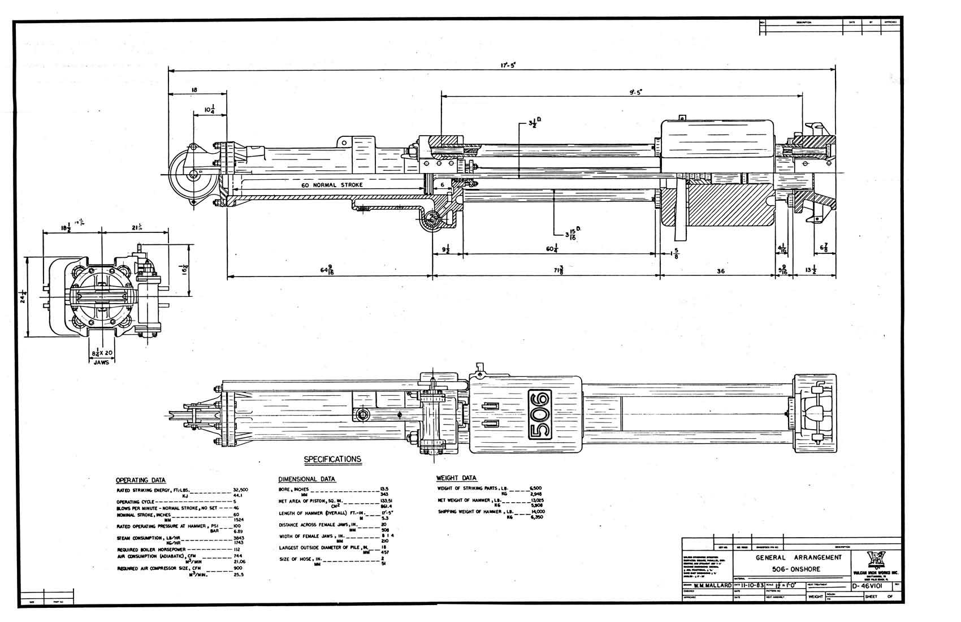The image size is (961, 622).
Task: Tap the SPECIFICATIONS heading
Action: tap(332, 459)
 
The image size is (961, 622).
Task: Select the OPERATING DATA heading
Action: tap(141, 480)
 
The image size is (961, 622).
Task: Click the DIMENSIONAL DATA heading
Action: tap(307, 479)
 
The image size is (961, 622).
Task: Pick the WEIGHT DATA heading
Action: tap(457, 478)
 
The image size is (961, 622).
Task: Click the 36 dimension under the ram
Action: tap(721, 271)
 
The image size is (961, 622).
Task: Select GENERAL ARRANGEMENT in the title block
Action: tap(798, 557)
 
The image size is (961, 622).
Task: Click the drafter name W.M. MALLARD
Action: tap(712, 586)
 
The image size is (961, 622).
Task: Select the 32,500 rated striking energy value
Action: tap(240, 490)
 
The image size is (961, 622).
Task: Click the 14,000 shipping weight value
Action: tap(536, 511)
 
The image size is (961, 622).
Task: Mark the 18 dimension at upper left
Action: tap(194, 90)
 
